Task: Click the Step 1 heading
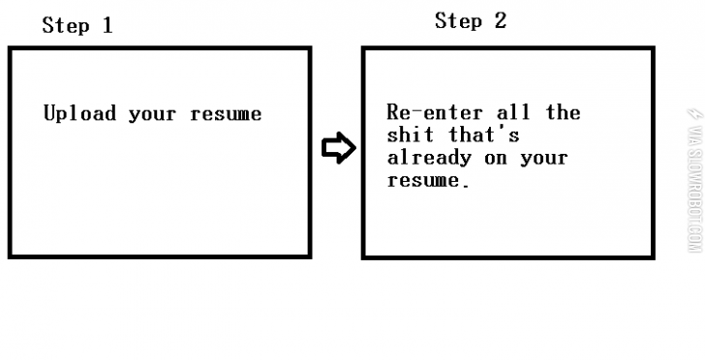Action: [x=77, y=26]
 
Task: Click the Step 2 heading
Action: [x=471, y=20]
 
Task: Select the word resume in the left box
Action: [x=226, y=114]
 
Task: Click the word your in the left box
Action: [x=152, y=114]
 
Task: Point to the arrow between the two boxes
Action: [x=337, y=148]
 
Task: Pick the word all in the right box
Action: [x=512, y=112]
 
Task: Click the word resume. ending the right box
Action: [x=427, y=180]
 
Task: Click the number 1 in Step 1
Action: [x=107, y=26]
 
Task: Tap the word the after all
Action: [x=563, y=112]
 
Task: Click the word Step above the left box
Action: [x=65, y=26]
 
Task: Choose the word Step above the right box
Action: [x=458, y=20]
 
